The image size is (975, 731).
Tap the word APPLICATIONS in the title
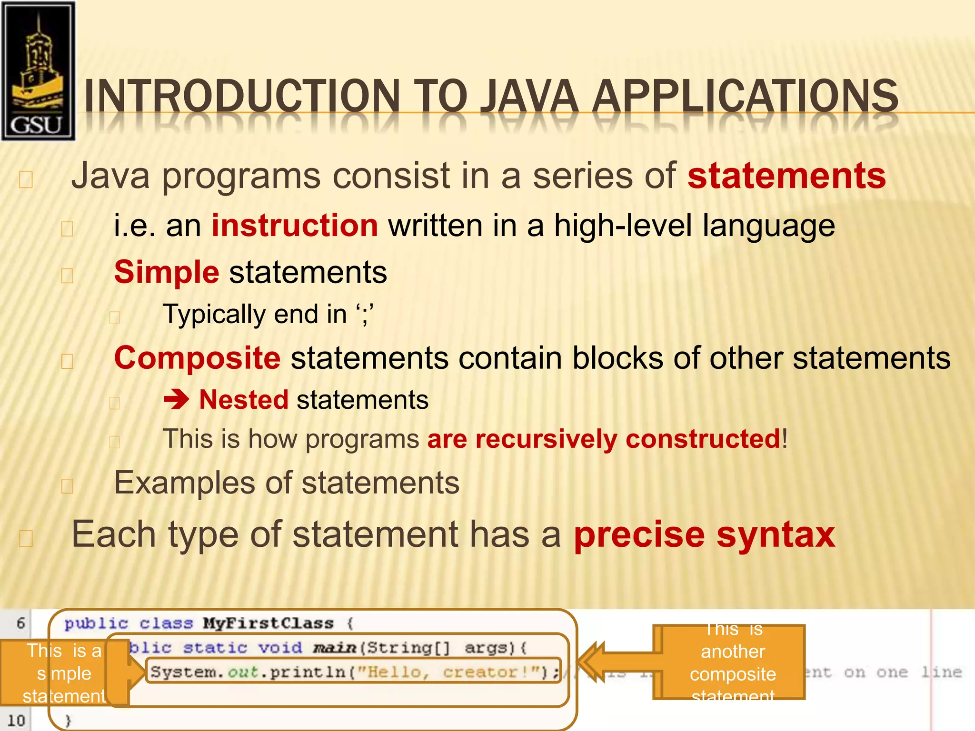(746, 97)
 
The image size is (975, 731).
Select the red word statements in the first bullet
(786, 176)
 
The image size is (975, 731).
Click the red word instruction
(295, 225)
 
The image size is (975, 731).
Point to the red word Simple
(167, 272)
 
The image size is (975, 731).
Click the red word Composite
(197, 358)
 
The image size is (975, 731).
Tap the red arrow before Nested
(177, 400)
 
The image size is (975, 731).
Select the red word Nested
(244, 400)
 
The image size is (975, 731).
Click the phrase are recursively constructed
(603, 439)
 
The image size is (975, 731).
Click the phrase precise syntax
(704, 534)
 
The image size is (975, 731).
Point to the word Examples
(185, 483)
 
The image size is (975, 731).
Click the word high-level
(622, 225)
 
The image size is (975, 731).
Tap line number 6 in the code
(20, 623)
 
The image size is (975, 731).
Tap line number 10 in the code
(16, 720)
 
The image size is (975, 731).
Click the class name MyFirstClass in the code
(268, 623)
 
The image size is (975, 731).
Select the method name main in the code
(335, 648)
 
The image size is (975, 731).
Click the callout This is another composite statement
(732, 662)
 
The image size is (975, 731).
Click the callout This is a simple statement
(64, 673)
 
